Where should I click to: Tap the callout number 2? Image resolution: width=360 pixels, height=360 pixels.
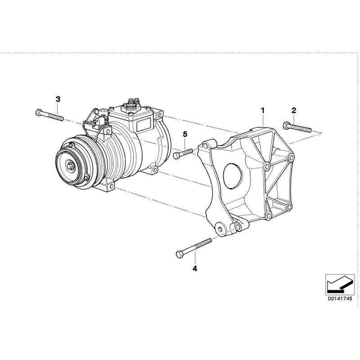click(293, 110)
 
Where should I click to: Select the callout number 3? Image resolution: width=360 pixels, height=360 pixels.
click(58, 99)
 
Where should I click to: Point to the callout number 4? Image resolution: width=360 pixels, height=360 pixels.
click(194, 269)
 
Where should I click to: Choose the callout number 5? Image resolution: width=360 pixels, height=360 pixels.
click(184, 135)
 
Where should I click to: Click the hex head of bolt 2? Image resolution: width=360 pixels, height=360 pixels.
click(285, 125)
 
